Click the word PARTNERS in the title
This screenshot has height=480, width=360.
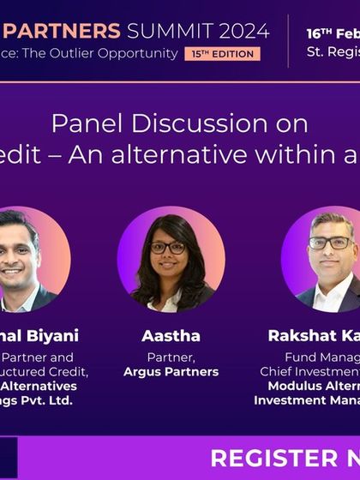pyautogui.click(x=68, y=32)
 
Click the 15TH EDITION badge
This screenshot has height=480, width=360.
pyautogui.click(x=220, y=53)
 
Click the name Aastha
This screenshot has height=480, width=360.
pyautogui.click(x=171, y=336)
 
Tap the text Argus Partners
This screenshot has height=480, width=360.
pyautogui.click(x=171, y=372)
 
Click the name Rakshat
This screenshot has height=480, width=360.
pyautogui.click(x=302, y=336)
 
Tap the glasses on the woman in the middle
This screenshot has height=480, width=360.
pyautogui.click(x=168, y=247)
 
